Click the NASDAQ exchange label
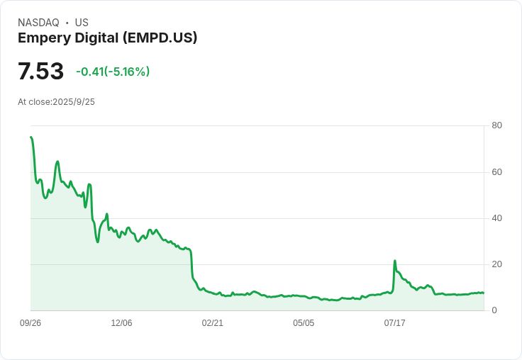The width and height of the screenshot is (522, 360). click(x=38, y=23)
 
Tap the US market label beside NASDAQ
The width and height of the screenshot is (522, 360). click(x=82, y=23)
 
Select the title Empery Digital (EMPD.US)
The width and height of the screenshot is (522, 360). click(x=107, y=38)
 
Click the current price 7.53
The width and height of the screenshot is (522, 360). click(x=40, y=72)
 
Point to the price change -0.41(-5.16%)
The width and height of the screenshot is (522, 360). click(x=113, y=72)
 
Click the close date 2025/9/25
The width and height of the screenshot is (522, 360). click(x=74, y=102)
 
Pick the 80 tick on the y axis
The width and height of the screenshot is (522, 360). click(x=496, y=125)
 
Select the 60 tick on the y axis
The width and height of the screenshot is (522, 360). click(x=496, y=172)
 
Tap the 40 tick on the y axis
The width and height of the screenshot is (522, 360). click(x=496, y=218)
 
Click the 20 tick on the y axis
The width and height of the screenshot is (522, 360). click(x=496, y=264)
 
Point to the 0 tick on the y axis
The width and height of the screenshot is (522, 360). click(x=494, y=310)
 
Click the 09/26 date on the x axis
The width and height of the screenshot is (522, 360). click(x=30, y=323)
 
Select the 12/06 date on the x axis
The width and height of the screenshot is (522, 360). click(x=121, y=323)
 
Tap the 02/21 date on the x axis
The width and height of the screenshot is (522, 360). click(x=212, y=323)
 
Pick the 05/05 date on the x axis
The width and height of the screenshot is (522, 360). click(x=304, y=323)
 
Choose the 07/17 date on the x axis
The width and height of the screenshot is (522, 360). click(x=394, y=323)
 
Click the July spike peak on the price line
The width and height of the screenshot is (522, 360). click(x=395, y=261)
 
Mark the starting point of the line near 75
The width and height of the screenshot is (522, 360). click(x=30, y=137)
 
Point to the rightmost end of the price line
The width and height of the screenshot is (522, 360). click(x=484, y=293)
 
